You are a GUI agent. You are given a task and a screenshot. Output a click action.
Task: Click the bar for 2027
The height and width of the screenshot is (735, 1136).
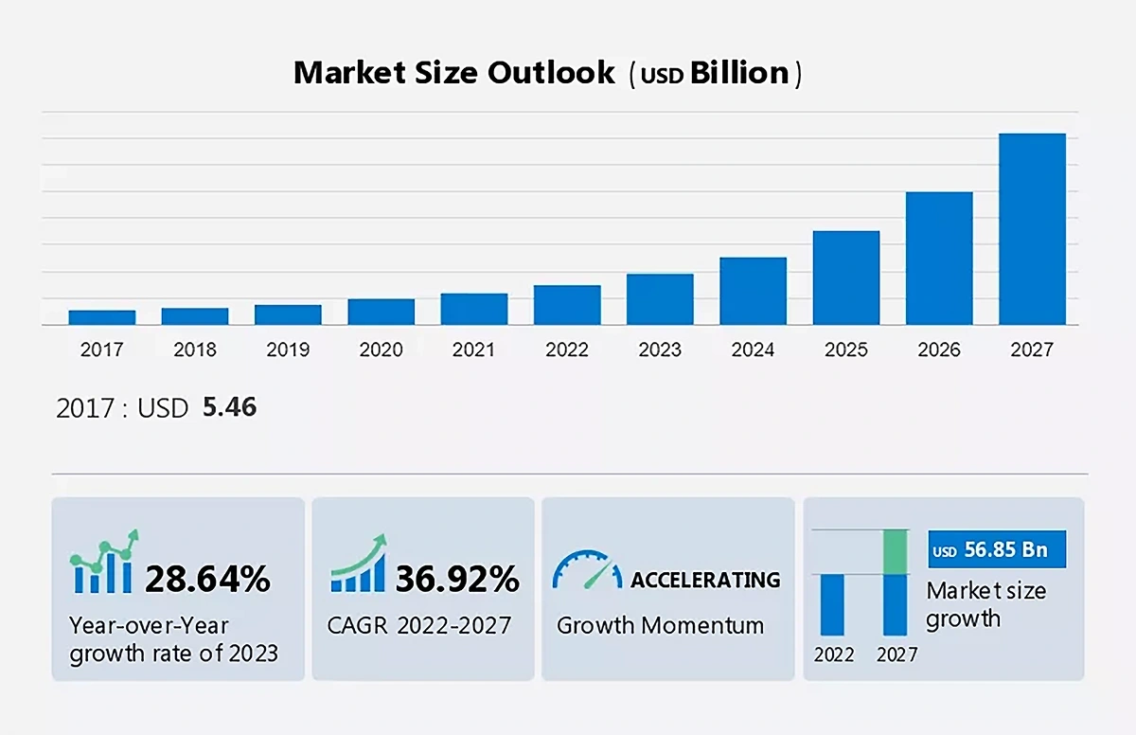click(x=1032, y=229)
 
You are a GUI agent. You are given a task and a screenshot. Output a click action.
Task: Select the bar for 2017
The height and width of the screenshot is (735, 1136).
click(x=102, y=317)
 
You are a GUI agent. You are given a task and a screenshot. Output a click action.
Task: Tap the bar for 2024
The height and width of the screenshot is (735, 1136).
click(x=753, y=291)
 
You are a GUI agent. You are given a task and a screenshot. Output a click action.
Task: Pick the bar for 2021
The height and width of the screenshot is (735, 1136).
click(x=474, y=309)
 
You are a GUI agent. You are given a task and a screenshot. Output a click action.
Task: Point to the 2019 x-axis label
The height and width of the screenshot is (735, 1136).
click(x=288, y=350)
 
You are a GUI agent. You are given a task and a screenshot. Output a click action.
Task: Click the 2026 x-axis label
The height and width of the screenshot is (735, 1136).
click(x=939, y=350)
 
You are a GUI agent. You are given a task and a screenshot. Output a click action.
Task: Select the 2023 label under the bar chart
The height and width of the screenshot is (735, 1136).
click(x=660, y=350)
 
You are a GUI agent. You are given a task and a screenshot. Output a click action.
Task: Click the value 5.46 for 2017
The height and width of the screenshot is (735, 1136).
click(x=230, y=408)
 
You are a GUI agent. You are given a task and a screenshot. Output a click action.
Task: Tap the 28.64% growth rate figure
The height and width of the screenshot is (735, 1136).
click(x=207, y=579)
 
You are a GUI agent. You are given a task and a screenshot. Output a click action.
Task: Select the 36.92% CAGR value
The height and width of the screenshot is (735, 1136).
click(x=457, y=579)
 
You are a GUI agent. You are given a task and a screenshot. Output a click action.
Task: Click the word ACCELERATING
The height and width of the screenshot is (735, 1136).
click(x=705, y=579)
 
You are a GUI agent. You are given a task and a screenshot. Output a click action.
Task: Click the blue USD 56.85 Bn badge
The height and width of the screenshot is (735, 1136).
click(x=997, y=550)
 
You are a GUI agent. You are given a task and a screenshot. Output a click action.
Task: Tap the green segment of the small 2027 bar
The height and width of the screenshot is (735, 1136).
click(x=895, y=552)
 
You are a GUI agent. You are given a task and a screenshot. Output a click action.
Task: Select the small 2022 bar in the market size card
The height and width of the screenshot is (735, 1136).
click(x=832, y=604)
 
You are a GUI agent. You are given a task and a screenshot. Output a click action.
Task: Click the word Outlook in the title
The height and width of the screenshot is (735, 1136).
click(x=551, y=73)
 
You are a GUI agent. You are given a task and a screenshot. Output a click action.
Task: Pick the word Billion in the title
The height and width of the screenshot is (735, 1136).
click(x=738, y=73)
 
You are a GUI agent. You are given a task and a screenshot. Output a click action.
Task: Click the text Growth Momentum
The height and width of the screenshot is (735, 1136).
click(x=660, y=625)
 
